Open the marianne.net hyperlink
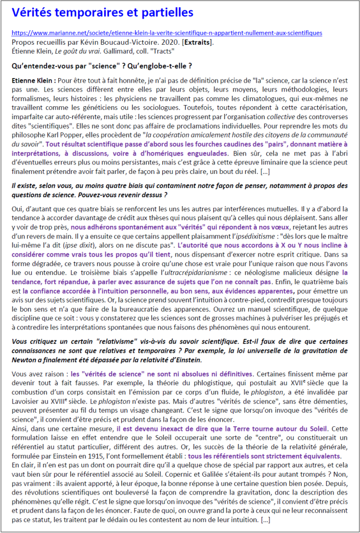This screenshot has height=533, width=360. click(x=166, y=33)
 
